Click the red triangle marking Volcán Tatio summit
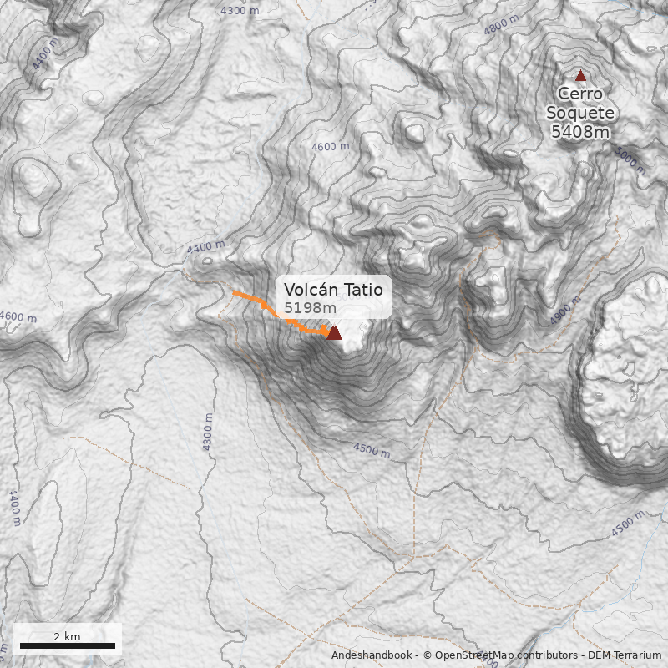[x=334, y=333]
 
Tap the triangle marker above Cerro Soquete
[x=581, y=75]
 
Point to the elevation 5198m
[x=310, y=308]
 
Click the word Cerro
[x=580, y=94]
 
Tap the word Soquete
[x=580, y=113]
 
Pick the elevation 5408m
[x=580, y=131]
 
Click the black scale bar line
[x=67, y=645]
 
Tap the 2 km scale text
[x=67, y=636]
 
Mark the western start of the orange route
[x=234, y=293]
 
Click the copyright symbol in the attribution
[x=426, y=656]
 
